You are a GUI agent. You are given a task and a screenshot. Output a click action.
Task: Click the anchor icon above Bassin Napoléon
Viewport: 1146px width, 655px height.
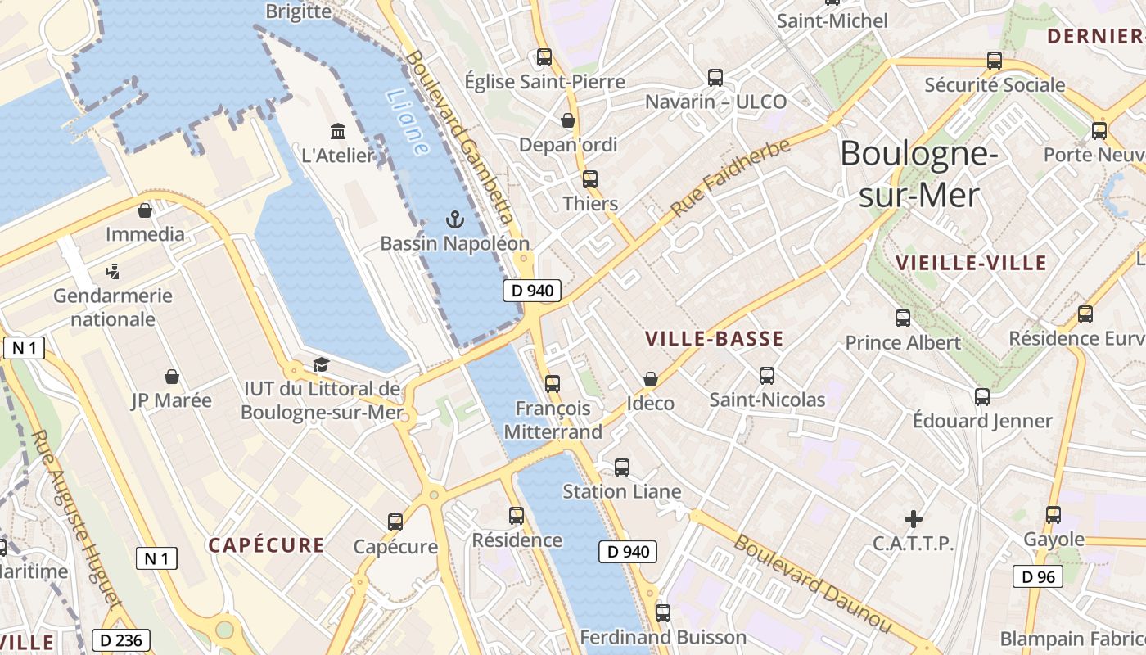point(454,219)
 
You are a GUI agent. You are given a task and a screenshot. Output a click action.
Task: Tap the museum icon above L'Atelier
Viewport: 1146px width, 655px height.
point(337,131)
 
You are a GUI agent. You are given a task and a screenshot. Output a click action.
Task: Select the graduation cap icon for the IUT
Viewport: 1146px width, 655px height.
point(321,365)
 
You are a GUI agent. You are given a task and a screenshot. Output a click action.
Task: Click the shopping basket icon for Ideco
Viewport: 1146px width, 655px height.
point(650,379)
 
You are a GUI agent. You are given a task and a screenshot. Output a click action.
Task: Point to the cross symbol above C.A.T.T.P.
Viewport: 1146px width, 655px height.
point(913,518)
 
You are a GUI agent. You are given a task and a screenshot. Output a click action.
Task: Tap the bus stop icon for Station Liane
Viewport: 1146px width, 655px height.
point(622,468)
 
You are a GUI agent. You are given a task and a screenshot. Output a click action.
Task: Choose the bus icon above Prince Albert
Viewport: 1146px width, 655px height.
point(903,318)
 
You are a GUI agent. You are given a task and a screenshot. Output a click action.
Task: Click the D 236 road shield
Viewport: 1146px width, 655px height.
point(120,640)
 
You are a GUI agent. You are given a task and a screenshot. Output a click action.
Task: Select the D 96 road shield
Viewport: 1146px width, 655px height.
point(1037,576)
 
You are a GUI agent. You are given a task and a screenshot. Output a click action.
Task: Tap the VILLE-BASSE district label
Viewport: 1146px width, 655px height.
point(714,339)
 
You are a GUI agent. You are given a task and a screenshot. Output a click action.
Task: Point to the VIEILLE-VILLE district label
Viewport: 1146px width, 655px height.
point(971,263)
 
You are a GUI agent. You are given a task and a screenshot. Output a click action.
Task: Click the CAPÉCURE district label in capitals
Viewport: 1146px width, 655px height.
point(266,545)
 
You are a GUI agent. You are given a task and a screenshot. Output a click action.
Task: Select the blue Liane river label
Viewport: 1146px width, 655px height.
point(406,123)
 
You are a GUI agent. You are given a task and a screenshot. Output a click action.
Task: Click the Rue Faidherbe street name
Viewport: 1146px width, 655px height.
point(731,178)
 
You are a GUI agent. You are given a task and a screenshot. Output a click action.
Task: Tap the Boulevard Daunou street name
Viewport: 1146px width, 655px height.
point(810,583)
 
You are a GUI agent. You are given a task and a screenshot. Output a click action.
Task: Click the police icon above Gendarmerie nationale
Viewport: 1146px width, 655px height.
point(113,271)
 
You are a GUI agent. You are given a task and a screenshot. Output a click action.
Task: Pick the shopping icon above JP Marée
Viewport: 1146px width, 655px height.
point(172,377)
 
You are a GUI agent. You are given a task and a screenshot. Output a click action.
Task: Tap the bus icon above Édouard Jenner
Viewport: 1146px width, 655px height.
point(981,397)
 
